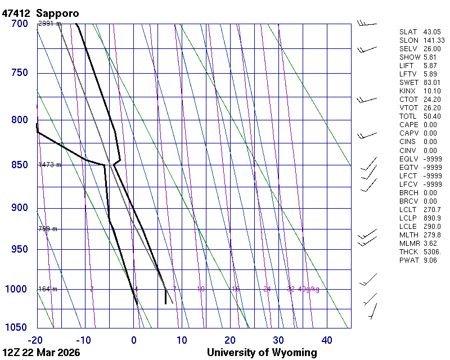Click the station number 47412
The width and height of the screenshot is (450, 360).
[16, 13]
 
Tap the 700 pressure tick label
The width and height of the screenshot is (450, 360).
[19, 24]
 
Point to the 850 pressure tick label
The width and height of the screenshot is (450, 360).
[19, 165]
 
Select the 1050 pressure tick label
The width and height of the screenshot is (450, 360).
[17, 327]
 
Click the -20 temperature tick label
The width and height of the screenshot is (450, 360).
[35, 340]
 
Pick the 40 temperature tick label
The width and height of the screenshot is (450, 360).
[327, 340]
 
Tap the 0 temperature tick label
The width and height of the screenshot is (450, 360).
[134, 340]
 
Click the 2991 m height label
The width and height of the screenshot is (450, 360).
[49, 24]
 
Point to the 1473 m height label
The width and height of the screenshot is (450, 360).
[49, 165]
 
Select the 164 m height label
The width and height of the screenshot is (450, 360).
[48, 289]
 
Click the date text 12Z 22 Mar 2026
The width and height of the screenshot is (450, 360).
[41, 353]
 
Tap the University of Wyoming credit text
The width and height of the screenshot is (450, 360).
[262, 353]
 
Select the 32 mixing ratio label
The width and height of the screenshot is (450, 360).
[291, 289]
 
